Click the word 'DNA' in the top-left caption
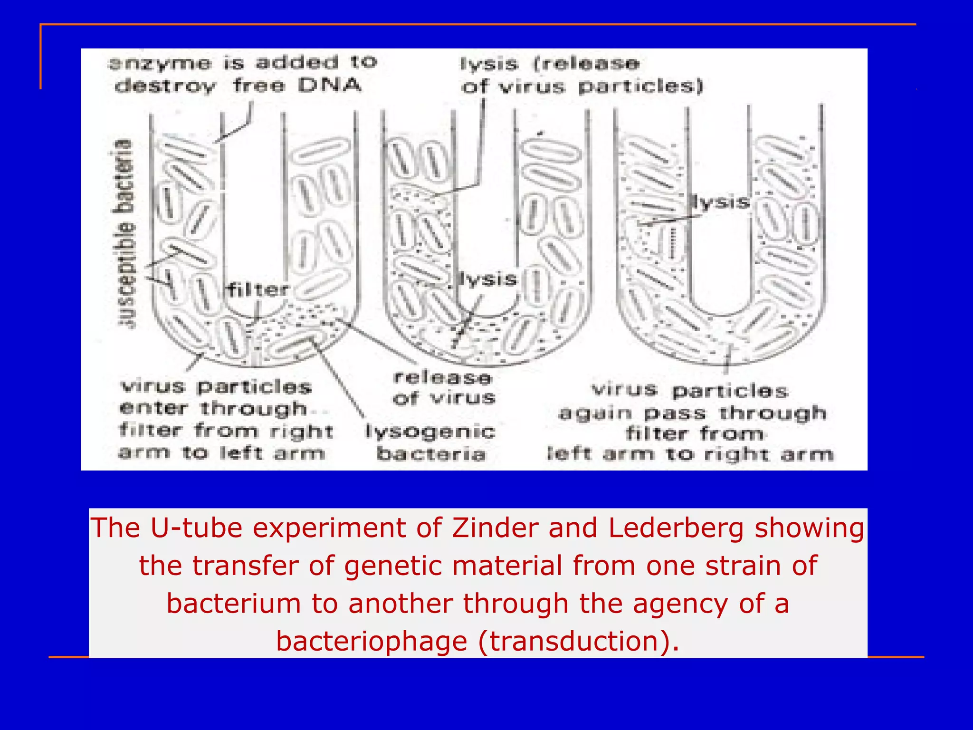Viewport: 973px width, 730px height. pyautogui.click(x=330, y=86)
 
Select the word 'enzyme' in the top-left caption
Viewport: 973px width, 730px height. pyautogui.click(x=160, y=63)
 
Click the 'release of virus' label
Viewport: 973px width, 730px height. pyautogui.click(x=444, y=388)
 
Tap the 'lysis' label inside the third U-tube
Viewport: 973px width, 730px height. pyautogui.click(x=720, y=202)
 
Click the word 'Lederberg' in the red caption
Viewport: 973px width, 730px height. pyautogui.click(x=676, y=528)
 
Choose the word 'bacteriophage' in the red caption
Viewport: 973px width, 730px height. pyautogui.click(x=372, y=641)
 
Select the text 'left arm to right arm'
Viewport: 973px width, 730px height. pyautogui.click(x=690, y=454)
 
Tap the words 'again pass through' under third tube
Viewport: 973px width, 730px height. pyautogui.click(x=692, y=413)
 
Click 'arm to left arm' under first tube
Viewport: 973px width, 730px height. pyautogui.click(x=221, y=453)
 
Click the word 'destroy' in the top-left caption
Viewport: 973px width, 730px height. pyautogui.click(x=165, y=86)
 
